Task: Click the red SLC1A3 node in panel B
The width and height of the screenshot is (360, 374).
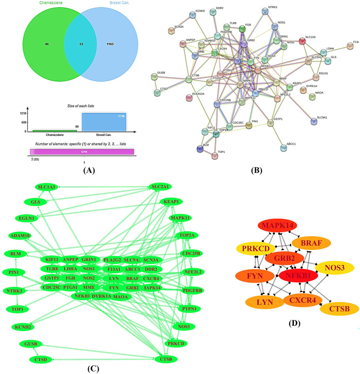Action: coord(302,41)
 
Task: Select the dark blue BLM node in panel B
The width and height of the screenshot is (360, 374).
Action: coord(201,148)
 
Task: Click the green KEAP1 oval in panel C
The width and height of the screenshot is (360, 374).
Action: coord(171,201)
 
